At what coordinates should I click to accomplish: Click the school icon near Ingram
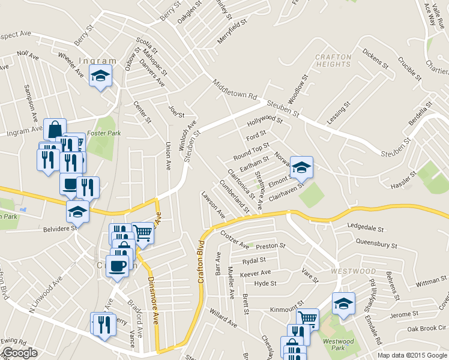coord(100,76)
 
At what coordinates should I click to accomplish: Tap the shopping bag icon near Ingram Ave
coord(55,129)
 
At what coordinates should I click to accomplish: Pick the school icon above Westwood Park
coord(343,303)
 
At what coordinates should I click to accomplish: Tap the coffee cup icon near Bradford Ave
coord(117,265)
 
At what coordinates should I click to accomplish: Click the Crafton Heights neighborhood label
coord(333,61)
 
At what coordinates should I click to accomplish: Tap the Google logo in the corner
coord(20,353)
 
